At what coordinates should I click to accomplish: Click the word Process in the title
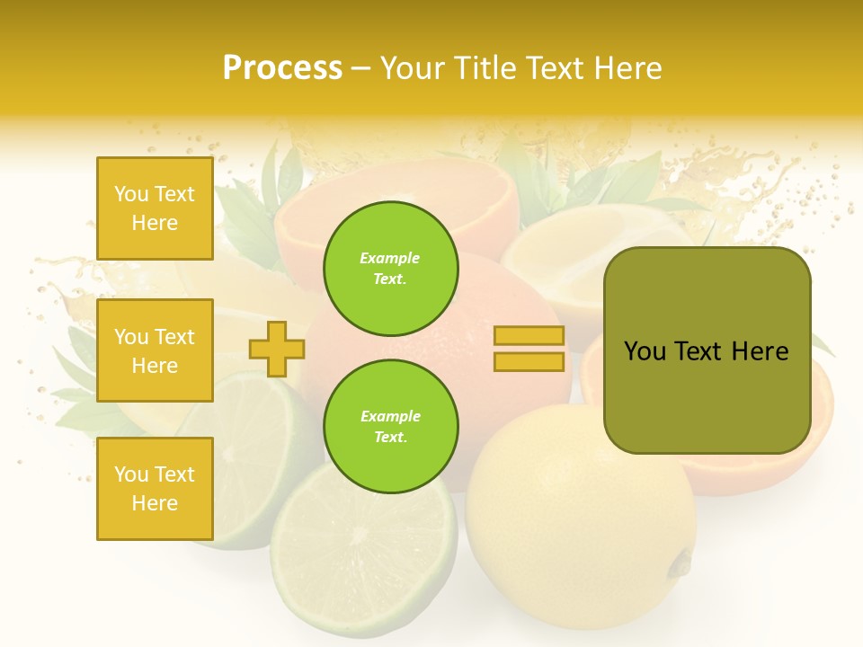[282, 68]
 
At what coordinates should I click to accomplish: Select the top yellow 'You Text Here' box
[155, 208]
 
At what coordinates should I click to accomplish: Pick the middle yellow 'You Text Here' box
[155, 350]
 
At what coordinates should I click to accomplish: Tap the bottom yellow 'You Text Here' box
[155, 489]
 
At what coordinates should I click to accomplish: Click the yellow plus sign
[276, 349]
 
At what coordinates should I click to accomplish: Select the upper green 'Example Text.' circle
[390, 268]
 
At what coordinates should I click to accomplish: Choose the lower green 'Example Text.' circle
[390, 426]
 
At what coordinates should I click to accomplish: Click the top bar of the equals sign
[529, 336]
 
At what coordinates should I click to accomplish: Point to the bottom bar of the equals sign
[529, 362]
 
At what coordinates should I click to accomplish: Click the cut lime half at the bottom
[364, 557]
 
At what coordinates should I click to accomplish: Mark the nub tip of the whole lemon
[681, 563]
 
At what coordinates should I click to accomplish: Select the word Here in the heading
[627, 68]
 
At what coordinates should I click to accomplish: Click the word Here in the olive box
[760, 351]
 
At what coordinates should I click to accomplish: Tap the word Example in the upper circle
[390, 258]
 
